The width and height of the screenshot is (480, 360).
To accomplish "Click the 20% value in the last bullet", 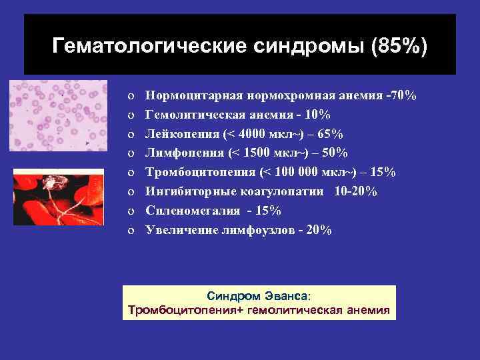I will (316, 230).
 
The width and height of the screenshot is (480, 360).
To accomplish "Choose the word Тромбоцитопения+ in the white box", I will (186, 310).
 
